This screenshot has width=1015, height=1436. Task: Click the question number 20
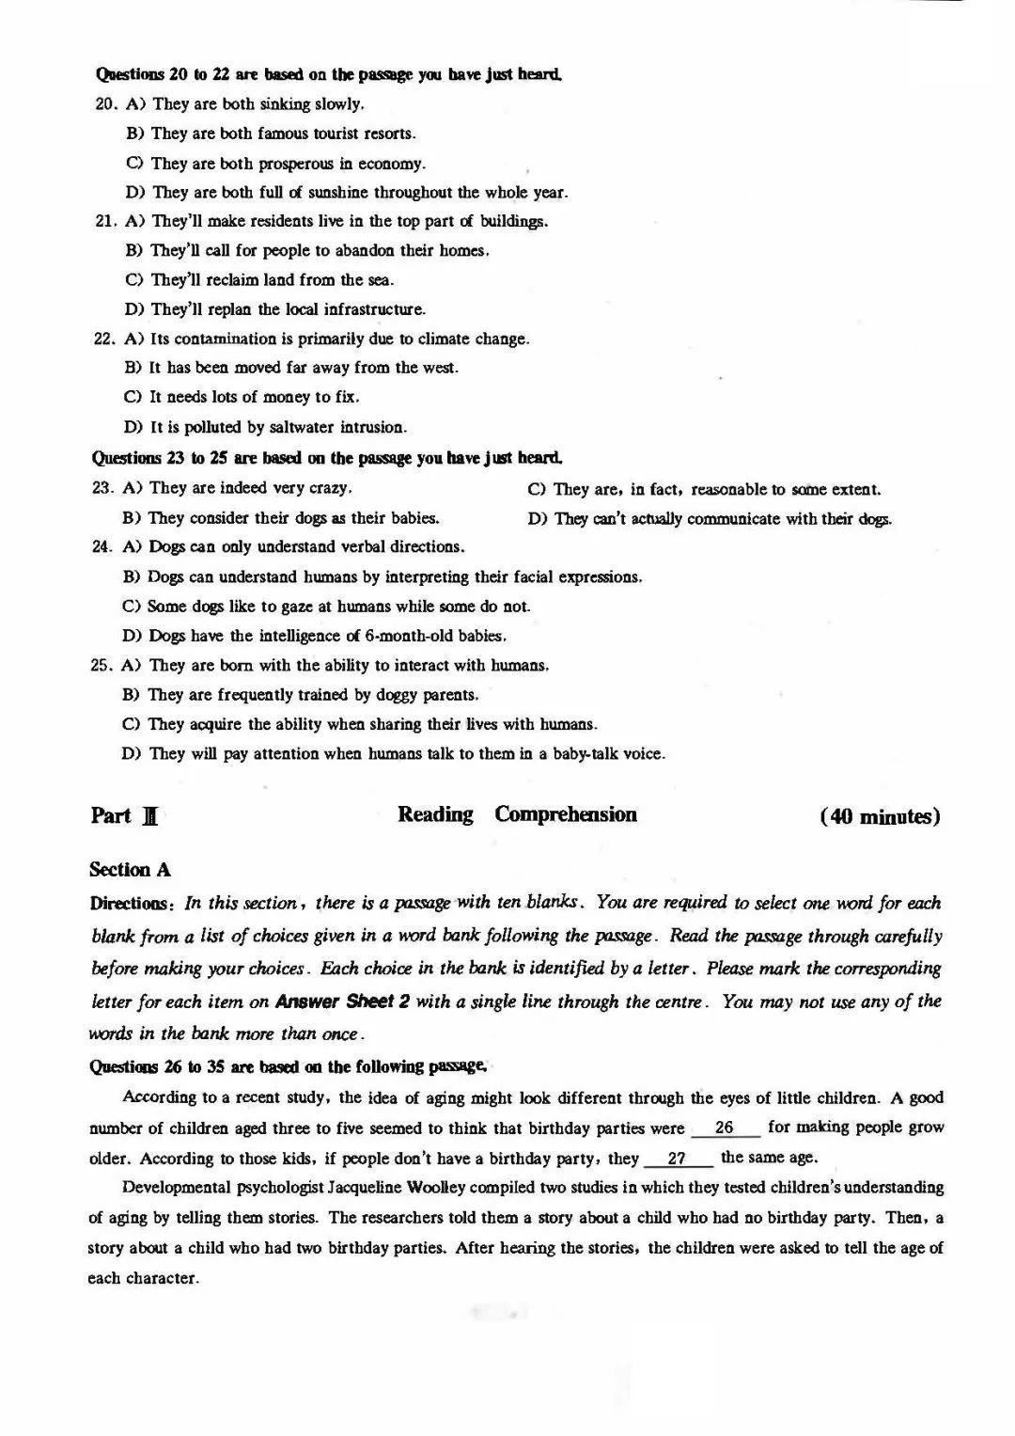[105, 104]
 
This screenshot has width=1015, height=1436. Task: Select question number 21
[105, 222]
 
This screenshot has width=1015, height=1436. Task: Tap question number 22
[103, 339]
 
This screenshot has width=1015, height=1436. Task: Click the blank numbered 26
[725, 1127]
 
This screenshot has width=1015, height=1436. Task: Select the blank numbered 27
[677, 1159]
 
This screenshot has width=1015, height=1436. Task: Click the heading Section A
[130, 870]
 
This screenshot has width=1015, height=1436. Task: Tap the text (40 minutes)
[880, 816]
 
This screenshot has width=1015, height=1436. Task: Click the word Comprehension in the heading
[566, 814]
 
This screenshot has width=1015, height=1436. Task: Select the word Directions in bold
[128, 904]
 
